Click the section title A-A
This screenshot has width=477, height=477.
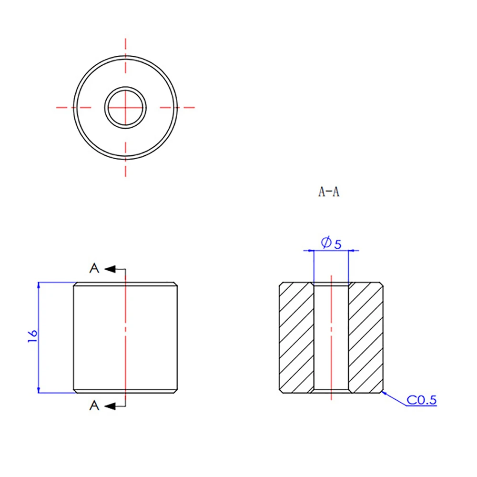pos(329,192)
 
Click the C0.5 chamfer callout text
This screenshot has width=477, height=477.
pos(421,400)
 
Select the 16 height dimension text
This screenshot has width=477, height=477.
pos(32,336)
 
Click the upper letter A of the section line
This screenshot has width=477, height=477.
pos(94,269)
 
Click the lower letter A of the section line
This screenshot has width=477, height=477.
pos(94,406)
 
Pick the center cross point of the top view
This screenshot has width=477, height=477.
pos(126,107)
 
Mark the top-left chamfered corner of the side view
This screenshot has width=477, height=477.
pos(75,284)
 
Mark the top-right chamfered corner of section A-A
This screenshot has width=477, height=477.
pos(382,284)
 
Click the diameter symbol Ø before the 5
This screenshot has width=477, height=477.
pos(326,243)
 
